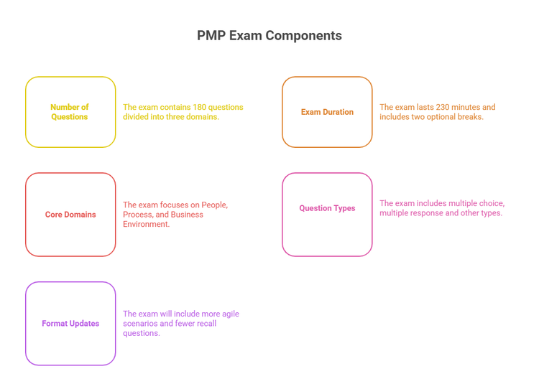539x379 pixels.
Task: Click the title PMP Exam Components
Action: coord(269,35)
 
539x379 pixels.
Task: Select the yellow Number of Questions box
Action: coord(70,112)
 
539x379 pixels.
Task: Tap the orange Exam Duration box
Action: coord(327,112)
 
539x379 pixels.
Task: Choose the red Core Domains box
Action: coord(70,215)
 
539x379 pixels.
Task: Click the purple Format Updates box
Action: coord(70,324)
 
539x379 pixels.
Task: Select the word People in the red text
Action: coord(216,205)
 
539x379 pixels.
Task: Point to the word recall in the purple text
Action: coord(206,324)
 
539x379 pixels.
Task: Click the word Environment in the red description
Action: coord(147,224)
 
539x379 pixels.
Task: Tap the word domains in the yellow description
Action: coord(202,117)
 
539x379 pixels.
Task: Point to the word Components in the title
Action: coord(305,35)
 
